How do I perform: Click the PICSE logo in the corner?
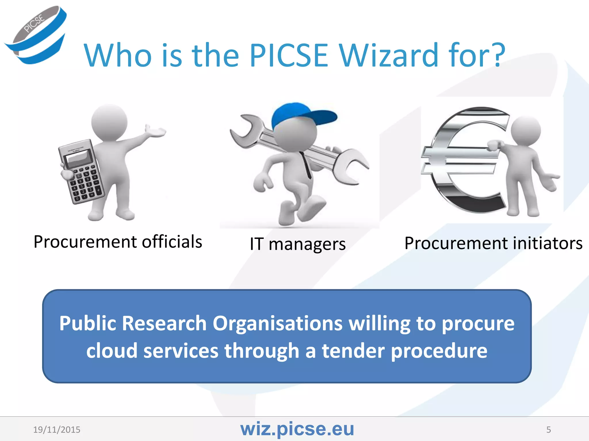36,34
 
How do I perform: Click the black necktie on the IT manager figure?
306,165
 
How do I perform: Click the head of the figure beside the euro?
526,131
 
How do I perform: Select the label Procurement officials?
118,242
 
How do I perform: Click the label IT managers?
298,244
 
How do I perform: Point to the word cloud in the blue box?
112,351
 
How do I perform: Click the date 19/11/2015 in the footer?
57,430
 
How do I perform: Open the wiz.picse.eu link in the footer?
297,429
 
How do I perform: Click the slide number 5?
548,430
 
